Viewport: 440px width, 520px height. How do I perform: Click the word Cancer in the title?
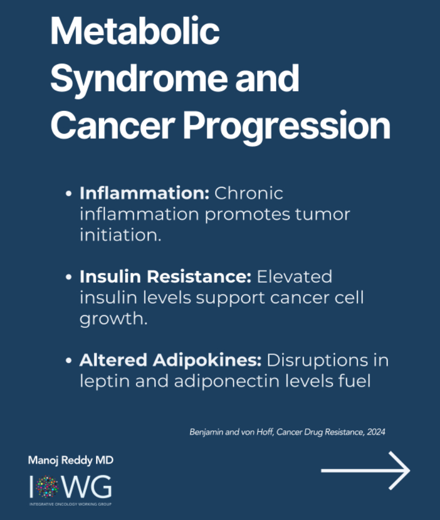[113, 125]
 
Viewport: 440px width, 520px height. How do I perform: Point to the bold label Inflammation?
[145, 193]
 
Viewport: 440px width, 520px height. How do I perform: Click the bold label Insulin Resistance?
[165, 276]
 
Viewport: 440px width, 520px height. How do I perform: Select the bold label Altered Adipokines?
[171, 360]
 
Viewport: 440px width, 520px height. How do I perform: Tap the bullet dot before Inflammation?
[69, 193]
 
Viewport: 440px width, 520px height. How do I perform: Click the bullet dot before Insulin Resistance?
[69, 277]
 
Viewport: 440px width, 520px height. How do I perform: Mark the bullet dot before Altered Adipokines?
[69, 360]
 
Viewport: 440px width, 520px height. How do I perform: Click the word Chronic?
[249, 193]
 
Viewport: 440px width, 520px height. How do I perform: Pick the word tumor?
[323, 214]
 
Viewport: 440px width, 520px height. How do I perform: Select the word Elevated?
[294, 276]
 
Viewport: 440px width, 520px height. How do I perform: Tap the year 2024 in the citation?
[376, 432]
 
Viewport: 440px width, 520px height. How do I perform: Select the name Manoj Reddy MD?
[71, 461]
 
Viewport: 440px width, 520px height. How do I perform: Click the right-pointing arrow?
[366, 470]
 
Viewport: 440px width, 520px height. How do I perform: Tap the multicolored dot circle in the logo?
[47, 487]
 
